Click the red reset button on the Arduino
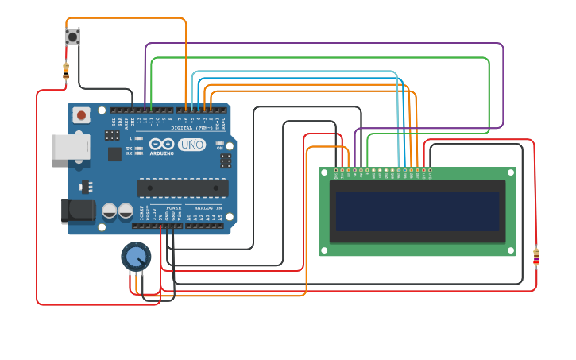point(80,114)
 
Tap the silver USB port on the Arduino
point(69,147)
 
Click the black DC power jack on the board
point(78,211)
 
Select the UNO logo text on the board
point(191,145)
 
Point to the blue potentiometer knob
point(137,257)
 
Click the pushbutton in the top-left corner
point(72,37)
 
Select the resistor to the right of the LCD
point(535,257)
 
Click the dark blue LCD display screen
point(417,211)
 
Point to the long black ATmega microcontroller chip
point(183,188)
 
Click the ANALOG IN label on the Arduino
point(209,207)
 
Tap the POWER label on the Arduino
point(173,207)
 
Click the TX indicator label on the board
point(130,147)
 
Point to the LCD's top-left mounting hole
point(324,172)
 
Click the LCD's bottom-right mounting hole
point(511,251)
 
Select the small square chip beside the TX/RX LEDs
point(114,154)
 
